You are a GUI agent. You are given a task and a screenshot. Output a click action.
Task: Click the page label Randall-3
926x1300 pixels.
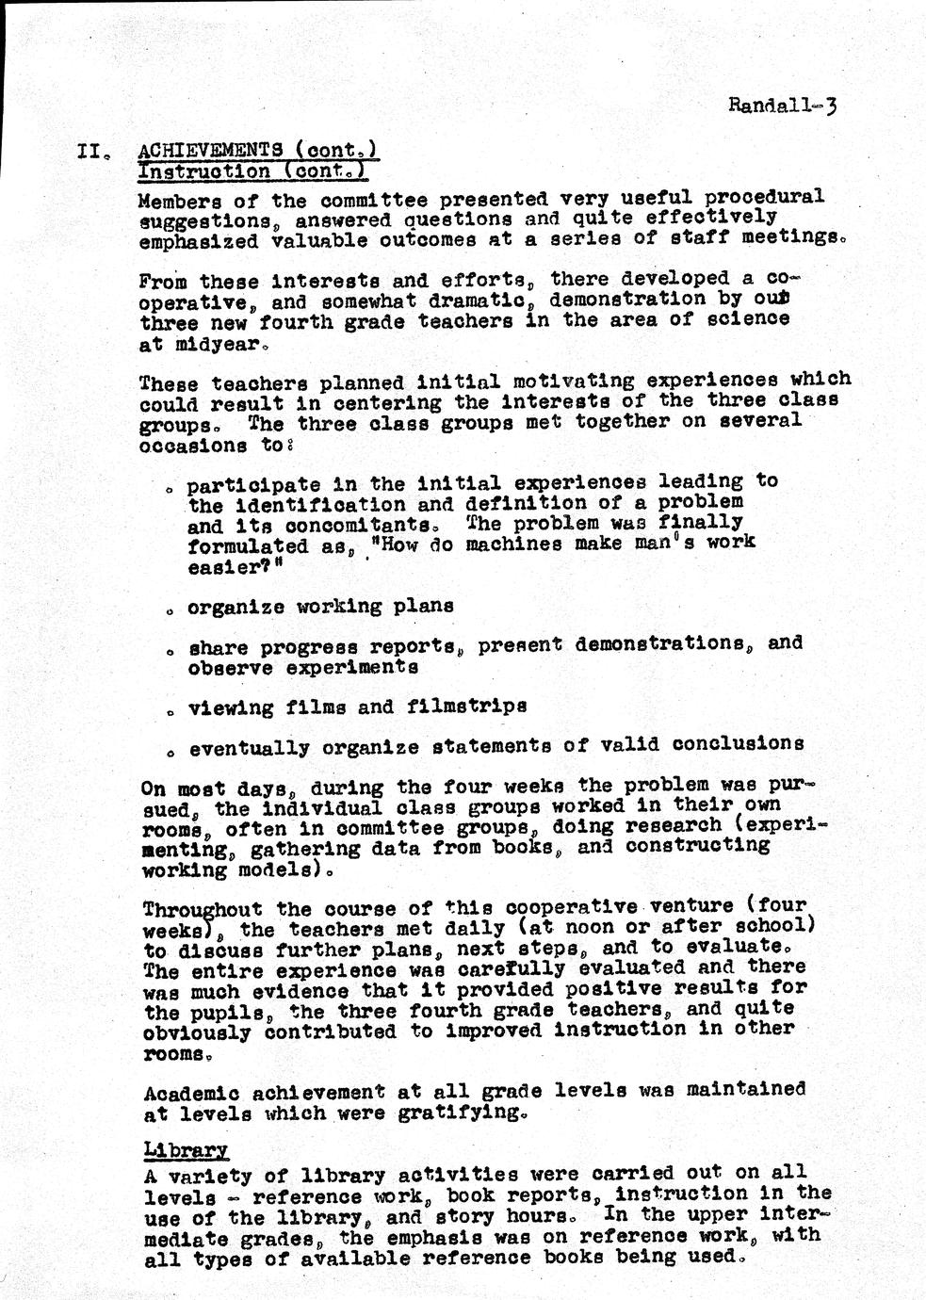[782, 105]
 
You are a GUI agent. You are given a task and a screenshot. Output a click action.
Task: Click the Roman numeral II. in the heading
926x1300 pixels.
[94, 151]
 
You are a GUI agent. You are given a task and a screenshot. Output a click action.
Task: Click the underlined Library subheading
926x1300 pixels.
[186, 1150]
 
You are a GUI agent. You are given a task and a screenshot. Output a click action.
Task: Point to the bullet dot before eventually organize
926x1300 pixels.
[171, 754]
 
